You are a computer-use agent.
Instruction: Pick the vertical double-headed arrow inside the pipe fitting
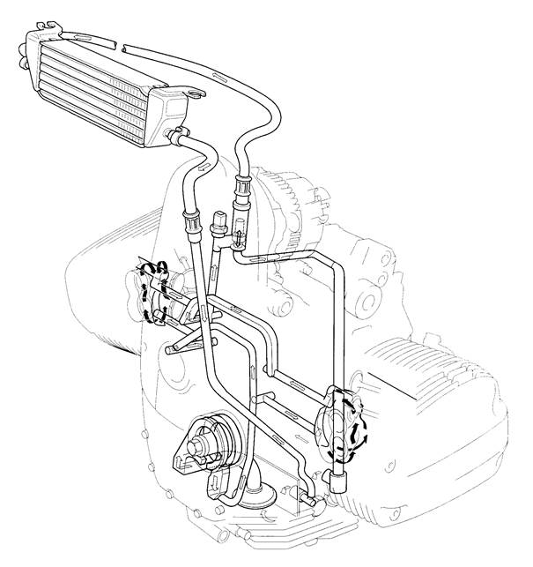click(x=238, y=236)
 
